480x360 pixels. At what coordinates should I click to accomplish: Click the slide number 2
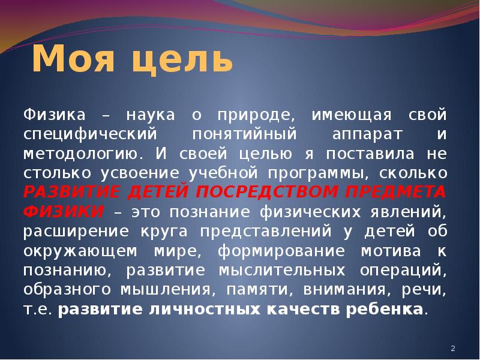coord(453,349)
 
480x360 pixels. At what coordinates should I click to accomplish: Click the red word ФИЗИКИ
coord(63,212)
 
